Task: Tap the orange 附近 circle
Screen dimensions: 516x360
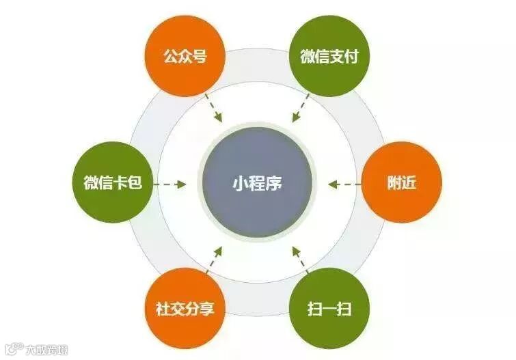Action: coord(401,183)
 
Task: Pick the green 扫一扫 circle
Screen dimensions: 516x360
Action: coord(329,308)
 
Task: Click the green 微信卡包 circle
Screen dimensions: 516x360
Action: coord(112,183)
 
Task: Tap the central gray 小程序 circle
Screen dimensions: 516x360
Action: coord(257,183)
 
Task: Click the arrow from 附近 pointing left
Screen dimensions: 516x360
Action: coord(342,183)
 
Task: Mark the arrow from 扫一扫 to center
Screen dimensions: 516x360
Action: coord(300,258)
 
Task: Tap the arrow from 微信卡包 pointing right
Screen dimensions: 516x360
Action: coord(171,183)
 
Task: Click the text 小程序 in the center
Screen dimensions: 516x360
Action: coord(257,183)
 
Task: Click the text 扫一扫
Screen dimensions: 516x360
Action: coord(329,308)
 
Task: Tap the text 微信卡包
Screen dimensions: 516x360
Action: coord(112,183)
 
